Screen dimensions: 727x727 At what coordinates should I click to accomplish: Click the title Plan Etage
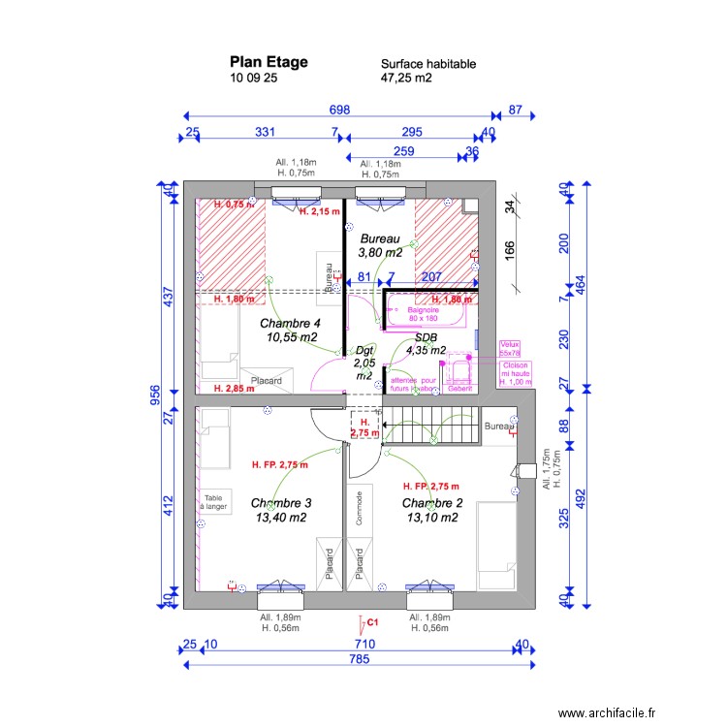point(269,62)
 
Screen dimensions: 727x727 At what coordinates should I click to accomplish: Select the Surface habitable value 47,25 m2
point(406,79)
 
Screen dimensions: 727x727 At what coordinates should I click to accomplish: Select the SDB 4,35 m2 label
point(426,344)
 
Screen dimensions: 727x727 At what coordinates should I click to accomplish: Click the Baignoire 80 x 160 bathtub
point(424,314)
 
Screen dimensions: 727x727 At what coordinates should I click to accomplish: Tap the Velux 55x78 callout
point(510,349)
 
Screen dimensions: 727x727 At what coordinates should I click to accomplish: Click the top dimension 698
point(338,111)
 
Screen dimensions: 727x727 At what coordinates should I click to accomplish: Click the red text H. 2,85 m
point(233,389)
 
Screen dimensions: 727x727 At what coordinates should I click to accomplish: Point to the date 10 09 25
point(254,79)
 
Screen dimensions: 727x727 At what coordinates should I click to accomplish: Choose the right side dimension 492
point(581,497)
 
